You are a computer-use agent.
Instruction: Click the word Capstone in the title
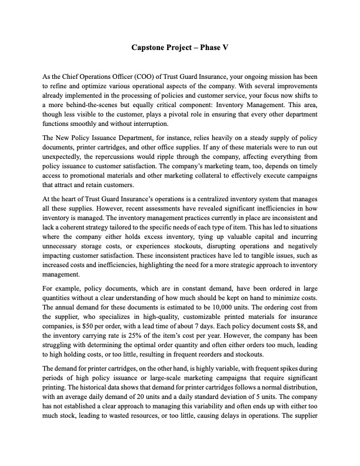(x=150, y=46)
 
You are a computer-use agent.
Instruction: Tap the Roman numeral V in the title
(x=225, y=46)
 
